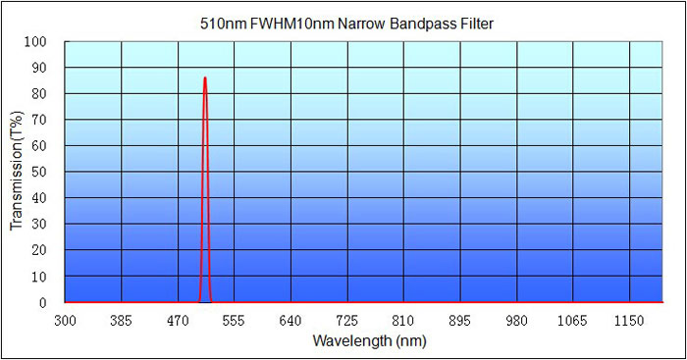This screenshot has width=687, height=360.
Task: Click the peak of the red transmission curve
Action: (x=204, y=77)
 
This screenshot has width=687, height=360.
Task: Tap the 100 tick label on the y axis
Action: (x=38, y=42)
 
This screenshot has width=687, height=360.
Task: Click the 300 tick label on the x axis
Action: (x=65, y=321)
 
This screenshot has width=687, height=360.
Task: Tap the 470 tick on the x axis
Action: (x=178, y=321)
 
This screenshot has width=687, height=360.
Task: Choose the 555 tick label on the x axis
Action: (x=234, y=321)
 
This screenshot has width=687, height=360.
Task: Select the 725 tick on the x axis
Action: (x=346, y=321)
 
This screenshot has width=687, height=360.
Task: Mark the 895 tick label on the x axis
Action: (x=459, y=321)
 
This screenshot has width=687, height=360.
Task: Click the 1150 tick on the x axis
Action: (x=628, y=321)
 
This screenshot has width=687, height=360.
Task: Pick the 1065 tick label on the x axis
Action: (x=572, y=321)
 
